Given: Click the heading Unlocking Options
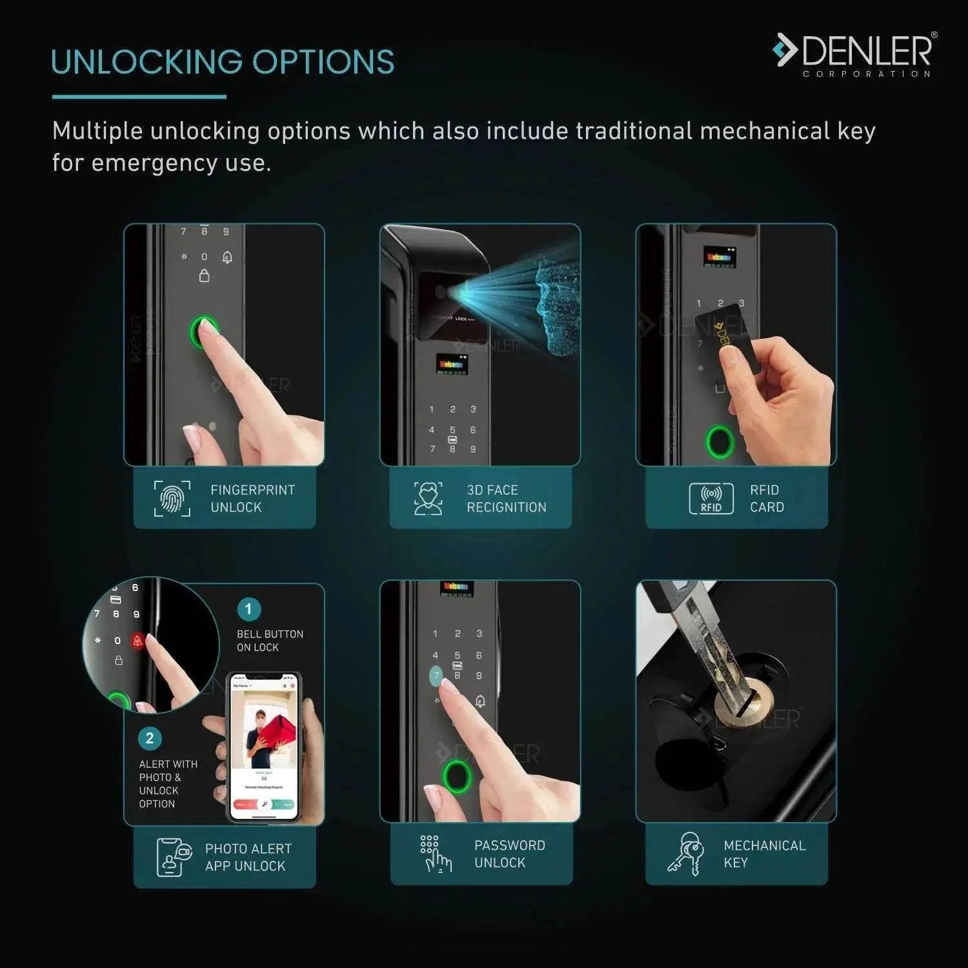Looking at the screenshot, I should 223,63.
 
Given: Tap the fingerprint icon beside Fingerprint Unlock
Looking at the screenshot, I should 172,498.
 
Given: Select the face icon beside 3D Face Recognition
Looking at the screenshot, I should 428,498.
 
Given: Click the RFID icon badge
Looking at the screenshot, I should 711,498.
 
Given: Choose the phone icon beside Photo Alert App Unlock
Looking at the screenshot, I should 174,857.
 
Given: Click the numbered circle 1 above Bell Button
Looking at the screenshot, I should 248,609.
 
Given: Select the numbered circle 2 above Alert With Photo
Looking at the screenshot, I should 150,738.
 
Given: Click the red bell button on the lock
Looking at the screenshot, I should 137,641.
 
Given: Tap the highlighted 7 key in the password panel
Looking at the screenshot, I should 436,676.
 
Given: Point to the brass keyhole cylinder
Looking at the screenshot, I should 749,703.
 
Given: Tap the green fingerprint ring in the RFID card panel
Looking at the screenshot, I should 720,441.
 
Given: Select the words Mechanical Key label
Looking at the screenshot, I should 764,853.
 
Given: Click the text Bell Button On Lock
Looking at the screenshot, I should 269,640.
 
